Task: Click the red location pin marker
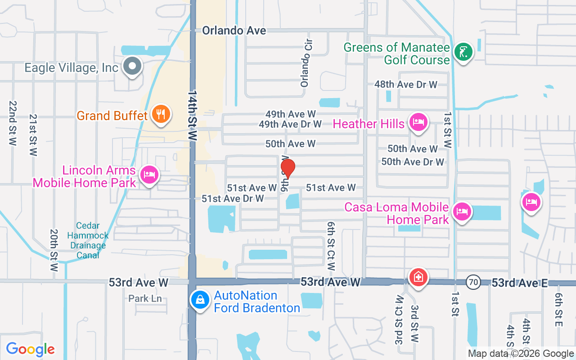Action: click(288, 168)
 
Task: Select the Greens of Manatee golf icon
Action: click(463, 52)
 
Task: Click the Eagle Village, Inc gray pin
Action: click(132, 66)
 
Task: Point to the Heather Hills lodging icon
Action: click(418, 122)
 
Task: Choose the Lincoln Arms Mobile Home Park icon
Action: click(149, 175)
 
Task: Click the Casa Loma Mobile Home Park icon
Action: click(462, 211)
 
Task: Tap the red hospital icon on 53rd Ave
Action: click(418, 277)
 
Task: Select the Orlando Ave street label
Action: click(234, 31)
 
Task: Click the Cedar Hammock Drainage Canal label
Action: click(88, 240)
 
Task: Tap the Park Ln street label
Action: click(145, 298)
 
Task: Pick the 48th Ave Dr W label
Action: click(406, 84)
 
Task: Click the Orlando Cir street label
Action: click(306, 63)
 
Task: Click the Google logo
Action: click(31, 349)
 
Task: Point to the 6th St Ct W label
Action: click(332, 246)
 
